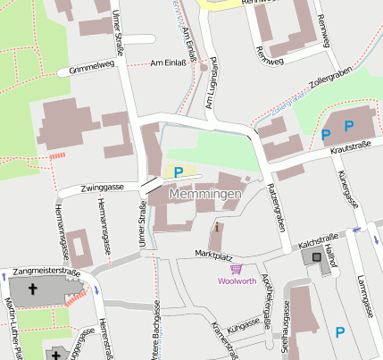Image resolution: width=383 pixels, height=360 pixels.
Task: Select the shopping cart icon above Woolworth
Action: [x=236, y=268]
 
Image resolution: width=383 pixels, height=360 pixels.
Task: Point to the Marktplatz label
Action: [x=213, y=255]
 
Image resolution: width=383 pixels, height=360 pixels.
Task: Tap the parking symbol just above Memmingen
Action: [x=179, y=172]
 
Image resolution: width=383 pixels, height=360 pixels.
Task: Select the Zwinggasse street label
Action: [x=78, y=189]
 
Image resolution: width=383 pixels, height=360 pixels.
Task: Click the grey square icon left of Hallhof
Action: [x=316, y=257]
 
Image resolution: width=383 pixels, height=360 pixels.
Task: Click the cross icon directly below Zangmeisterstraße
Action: [x=34, y=289]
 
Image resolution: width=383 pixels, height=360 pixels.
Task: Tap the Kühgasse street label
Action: [x=244, y=330]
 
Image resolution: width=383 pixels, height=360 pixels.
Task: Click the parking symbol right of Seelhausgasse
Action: [x=340, y=331]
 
